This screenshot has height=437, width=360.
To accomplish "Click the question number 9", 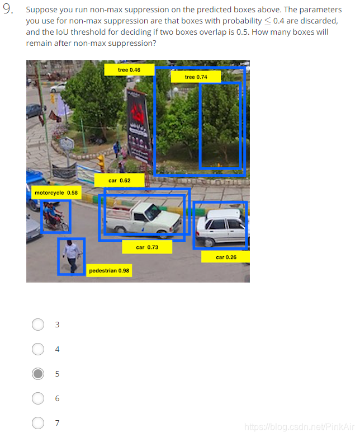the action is (x=8, y=9).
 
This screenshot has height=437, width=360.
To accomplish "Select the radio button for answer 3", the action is (x=38, y=325).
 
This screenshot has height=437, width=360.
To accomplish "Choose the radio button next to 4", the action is (x=38, y=349).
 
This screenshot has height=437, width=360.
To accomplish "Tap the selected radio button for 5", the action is (x=38, y=374).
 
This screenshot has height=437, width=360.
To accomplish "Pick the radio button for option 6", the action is (x=38, y=398).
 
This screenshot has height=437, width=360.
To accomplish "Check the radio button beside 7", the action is (x=38, y=423).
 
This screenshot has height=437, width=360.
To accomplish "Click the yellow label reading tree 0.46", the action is (x=129, y=70).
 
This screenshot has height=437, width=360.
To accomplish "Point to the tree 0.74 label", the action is (x=196, y=77).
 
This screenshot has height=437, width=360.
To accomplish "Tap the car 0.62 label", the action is (x=120, y=180).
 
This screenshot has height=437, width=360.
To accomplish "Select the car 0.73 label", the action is (x=147, y=247).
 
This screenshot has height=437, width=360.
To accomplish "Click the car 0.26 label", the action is (x=226, y=257).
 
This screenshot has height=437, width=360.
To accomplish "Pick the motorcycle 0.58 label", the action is (x=56, y=192).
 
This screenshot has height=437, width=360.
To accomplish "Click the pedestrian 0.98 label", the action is (x=109, y=270).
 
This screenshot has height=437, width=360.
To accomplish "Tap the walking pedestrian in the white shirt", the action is (x=72, y=256).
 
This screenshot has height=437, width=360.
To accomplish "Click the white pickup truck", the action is (x=144, y=220).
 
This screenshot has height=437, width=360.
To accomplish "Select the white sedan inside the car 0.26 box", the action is (x=222, y=228).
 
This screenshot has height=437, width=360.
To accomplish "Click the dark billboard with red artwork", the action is (x=139, y=126).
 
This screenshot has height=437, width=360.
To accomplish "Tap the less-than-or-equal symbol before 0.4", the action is (x=268, y=21).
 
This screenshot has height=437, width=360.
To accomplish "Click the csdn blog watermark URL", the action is (x=299, y=427).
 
